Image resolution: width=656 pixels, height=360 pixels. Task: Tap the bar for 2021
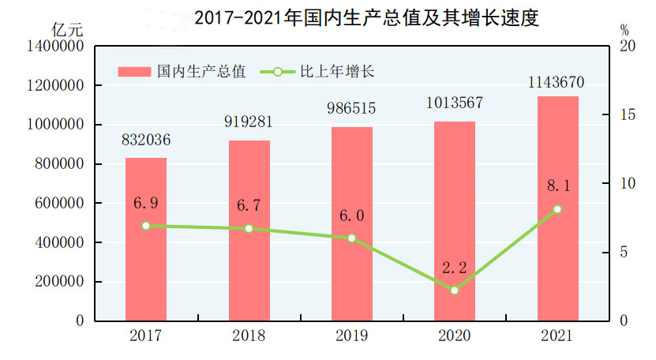558,208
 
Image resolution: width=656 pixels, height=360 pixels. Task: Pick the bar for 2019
352,224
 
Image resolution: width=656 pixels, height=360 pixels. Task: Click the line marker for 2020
455,291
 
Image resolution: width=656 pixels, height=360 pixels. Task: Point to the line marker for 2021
558,209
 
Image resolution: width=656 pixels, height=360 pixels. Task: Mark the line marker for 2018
249,229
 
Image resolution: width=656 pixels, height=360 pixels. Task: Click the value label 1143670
558,81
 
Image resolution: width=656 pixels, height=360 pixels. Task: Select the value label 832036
146,141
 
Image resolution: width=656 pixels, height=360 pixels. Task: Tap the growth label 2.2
455,268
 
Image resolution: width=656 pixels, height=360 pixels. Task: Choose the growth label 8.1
558,186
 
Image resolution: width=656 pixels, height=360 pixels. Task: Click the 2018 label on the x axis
249,336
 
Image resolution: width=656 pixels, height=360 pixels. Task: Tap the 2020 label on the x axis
455,336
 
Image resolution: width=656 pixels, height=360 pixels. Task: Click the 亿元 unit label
66,31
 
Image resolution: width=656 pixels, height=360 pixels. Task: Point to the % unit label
624,31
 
